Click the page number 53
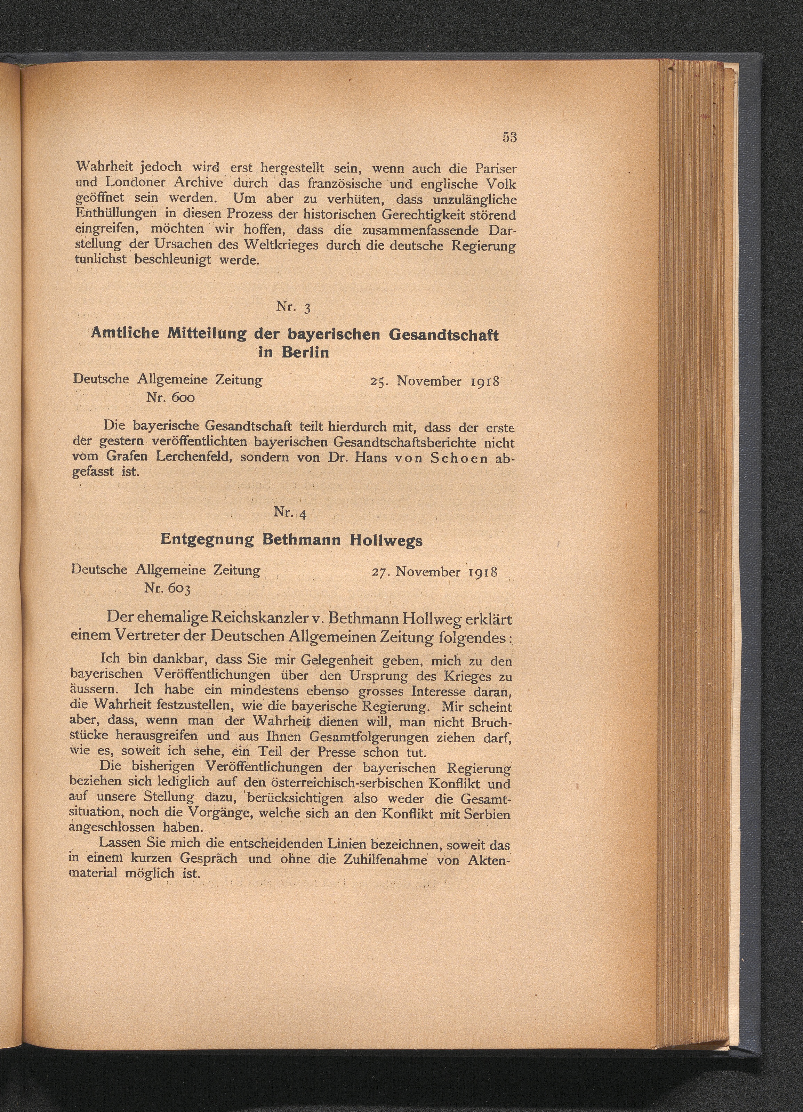pos(509,137)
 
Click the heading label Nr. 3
pos(293,307)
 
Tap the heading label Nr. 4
pos(290,513)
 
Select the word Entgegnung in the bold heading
pos(207,540)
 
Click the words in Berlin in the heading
pos(293,352)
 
